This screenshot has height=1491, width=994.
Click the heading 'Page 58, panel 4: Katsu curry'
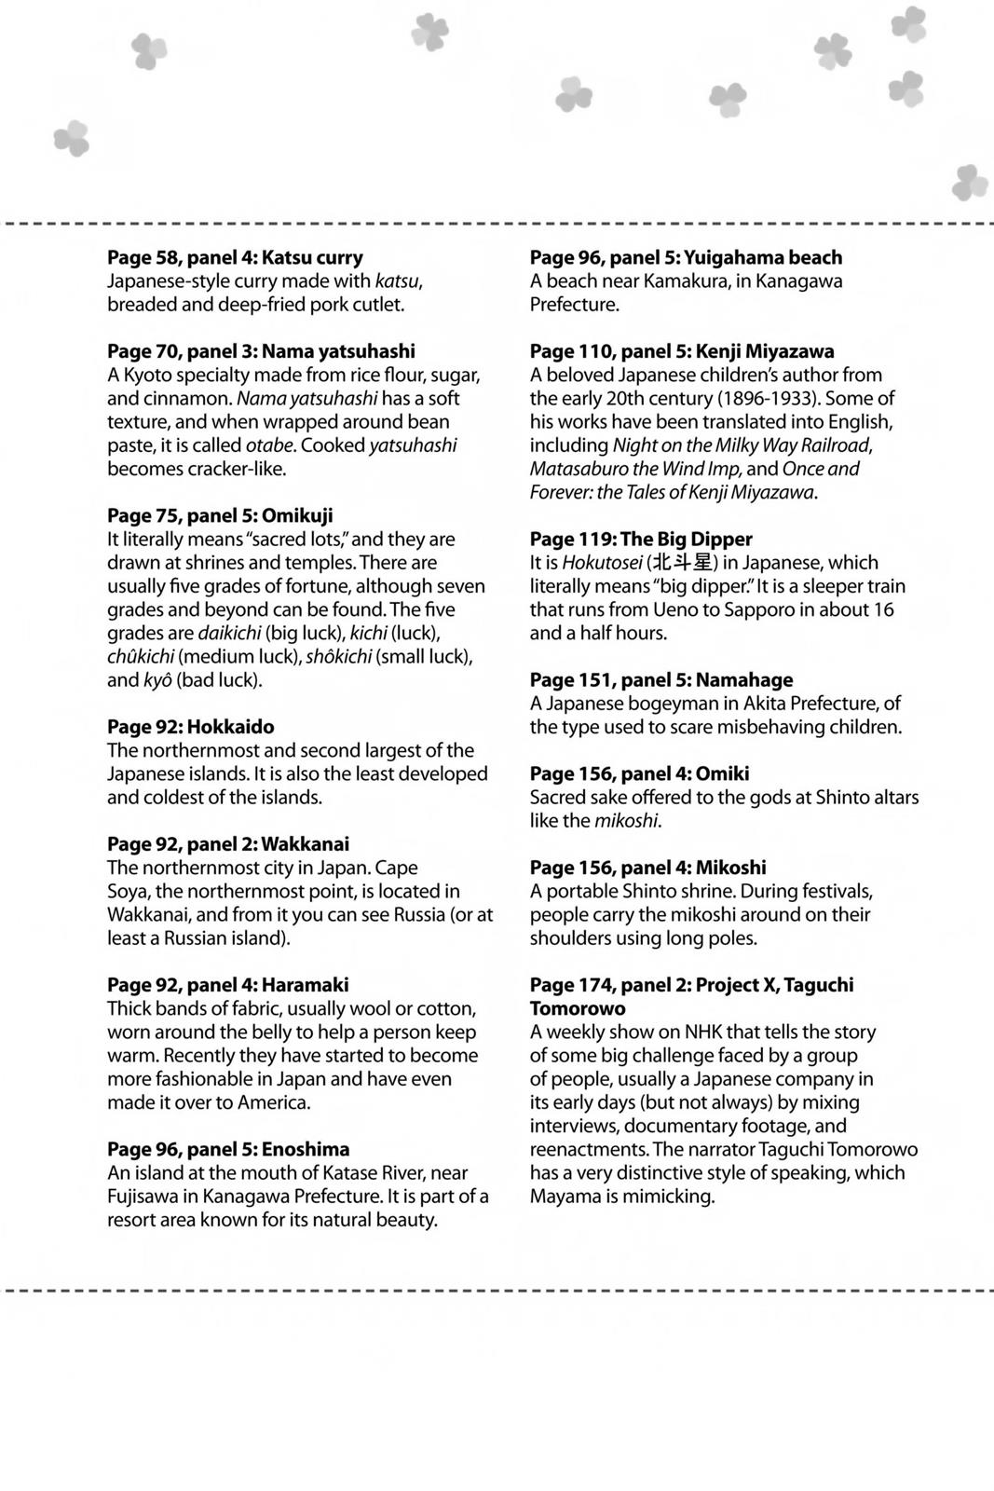click(x=235, y=257)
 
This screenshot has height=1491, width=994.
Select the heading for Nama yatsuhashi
click(x=261, y=351)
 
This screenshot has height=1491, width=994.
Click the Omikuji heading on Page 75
click(x=220, y=515)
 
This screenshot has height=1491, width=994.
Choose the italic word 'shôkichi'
click(x=340, y=657)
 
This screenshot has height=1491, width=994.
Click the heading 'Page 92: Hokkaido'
click(x=190, y=727)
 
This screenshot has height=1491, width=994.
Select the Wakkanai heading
click(x=228, y=844)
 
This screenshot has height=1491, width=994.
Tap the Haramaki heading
click(x=228, y=985)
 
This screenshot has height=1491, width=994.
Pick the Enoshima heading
click(x=228, y=1149)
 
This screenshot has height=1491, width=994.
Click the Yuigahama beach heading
click(x=686, y=257)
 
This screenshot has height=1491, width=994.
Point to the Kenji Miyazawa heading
click(x=682, y=351)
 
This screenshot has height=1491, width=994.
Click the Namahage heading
click(x=661, y=680)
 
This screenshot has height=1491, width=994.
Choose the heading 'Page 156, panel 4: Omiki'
click(x=639, y=773)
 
